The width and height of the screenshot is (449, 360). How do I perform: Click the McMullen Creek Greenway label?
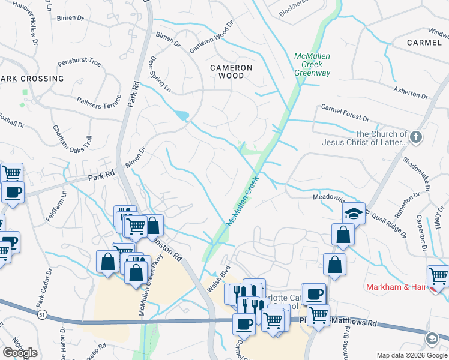coord(312,64)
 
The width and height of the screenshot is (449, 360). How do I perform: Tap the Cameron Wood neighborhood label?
coord(231,72)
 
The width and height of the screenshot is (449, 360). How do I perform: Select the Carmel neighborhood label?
coord(424,43)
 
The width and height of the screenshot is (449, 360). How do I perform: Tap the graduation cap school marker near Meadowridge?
coord(354,212)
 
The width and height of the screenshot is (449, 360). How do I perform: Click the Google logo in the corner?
coord(20,353)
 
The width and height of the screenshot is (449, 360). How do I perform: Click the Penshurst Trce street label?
coord(79,62)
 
